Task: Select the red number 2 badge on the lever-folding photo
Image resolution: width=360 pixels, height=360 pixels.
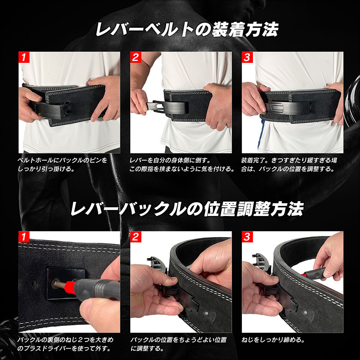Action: (x=135, y=58)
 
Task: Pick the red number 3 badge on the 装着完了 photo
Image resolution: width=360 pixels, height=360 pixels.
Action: (x=247, y=58)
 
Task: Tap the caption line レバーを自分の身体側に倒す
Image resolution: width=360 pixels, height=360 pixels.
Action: (x=170, y=160)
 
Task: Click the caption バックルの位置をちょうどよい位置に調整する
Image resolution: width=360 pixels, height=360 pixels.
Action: (x=178, y=344)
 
